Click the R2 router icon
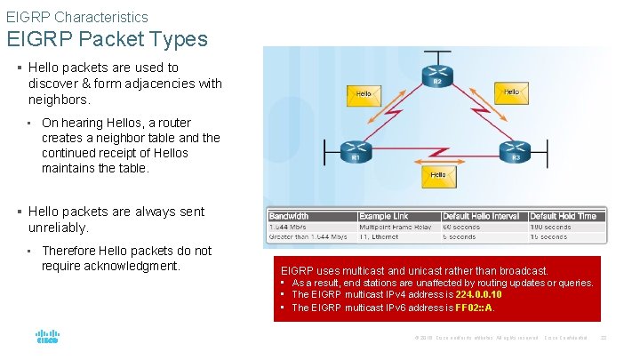[436, 74]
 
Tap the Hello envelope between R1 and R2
[364, 92]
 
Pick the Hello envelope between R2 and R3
[511, 92]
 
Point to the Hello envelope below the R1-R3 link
[437, 175]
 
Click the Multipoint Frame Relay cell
[396, 227]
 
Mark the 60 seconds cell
[461, 227]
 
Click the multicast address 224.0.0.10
[477, 295]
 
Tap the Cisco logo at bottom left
[47, 338]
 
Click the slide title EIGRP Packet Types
[108, 39]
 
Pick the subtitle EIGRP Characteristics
[77, 17]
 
